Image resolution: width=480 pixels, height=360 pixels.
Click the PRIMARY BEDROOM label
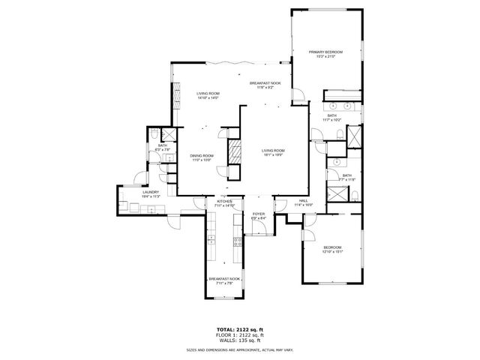325,52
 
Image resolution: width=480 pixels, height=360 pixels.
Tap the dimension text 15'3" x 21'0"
325,57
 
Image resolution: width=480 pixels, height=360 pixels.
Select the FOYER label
259,214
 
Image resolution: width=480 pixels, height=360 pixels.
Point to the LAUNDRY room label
151,192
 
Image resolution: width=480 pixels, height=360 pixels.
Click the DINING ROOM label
202,155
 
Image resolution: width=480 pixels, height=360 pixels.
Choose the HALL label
304,200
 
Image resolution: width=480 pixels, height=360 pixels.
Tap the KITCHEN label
225,201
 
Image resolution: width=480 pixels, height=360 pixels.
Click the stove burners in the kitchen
238,241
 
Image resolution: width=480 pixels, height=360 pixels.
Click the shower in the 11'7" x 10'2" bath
355,136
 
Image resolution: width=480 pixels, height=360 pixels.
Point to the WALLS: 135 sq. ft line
240,340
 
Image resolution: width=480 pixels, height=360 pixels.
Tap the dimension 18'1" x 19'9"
273,155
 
